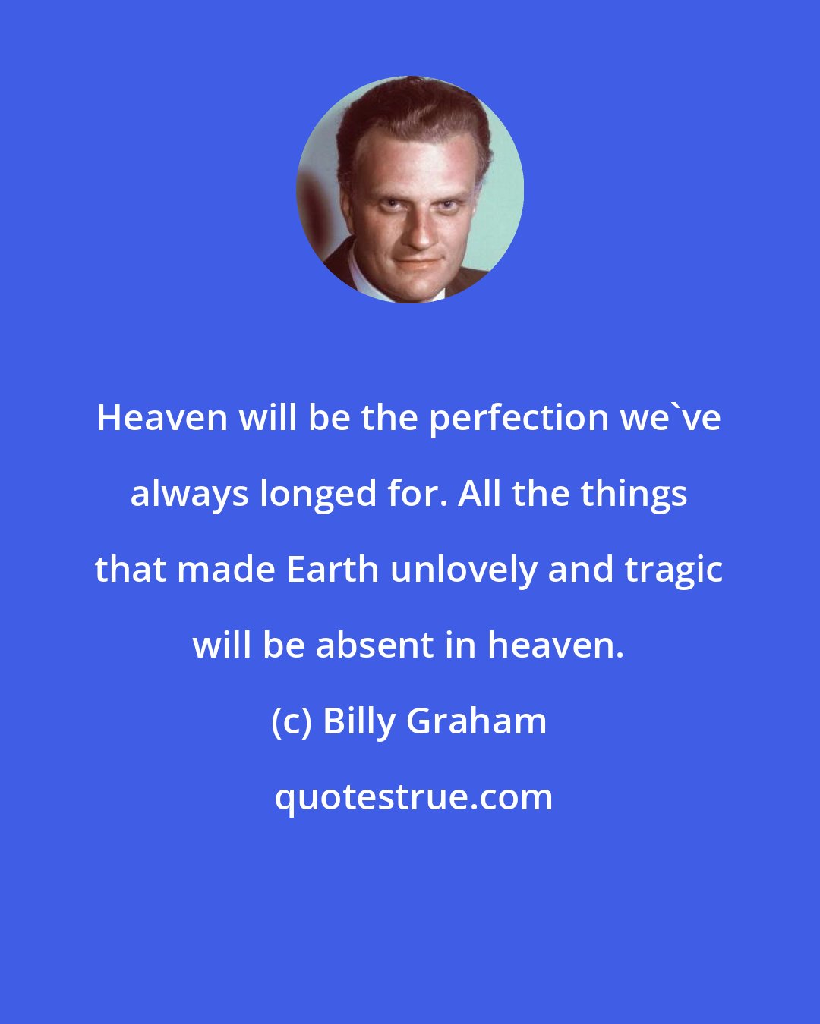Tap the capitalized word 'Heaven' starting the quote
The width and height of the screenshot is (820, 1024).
coord(162,418)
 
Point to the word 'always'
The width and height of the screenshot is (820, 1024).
coord(190,495)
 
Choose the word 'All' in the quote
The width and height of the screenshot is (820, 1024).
coord(481,494)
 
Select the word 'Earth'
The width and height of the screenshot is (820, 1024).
coord(332,570)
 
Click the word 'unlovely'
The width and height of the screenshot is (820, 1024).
coord(462,570)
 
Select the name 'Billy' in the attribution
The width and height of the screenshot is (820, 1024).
coord(360,721)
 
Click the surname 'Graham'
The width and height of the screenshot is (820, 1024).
coord(477,721)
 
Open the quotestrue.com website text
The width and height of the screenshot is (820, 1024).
coord(413,797)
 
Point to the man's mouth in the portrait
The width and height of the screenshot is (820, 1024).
coord(418,262)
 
